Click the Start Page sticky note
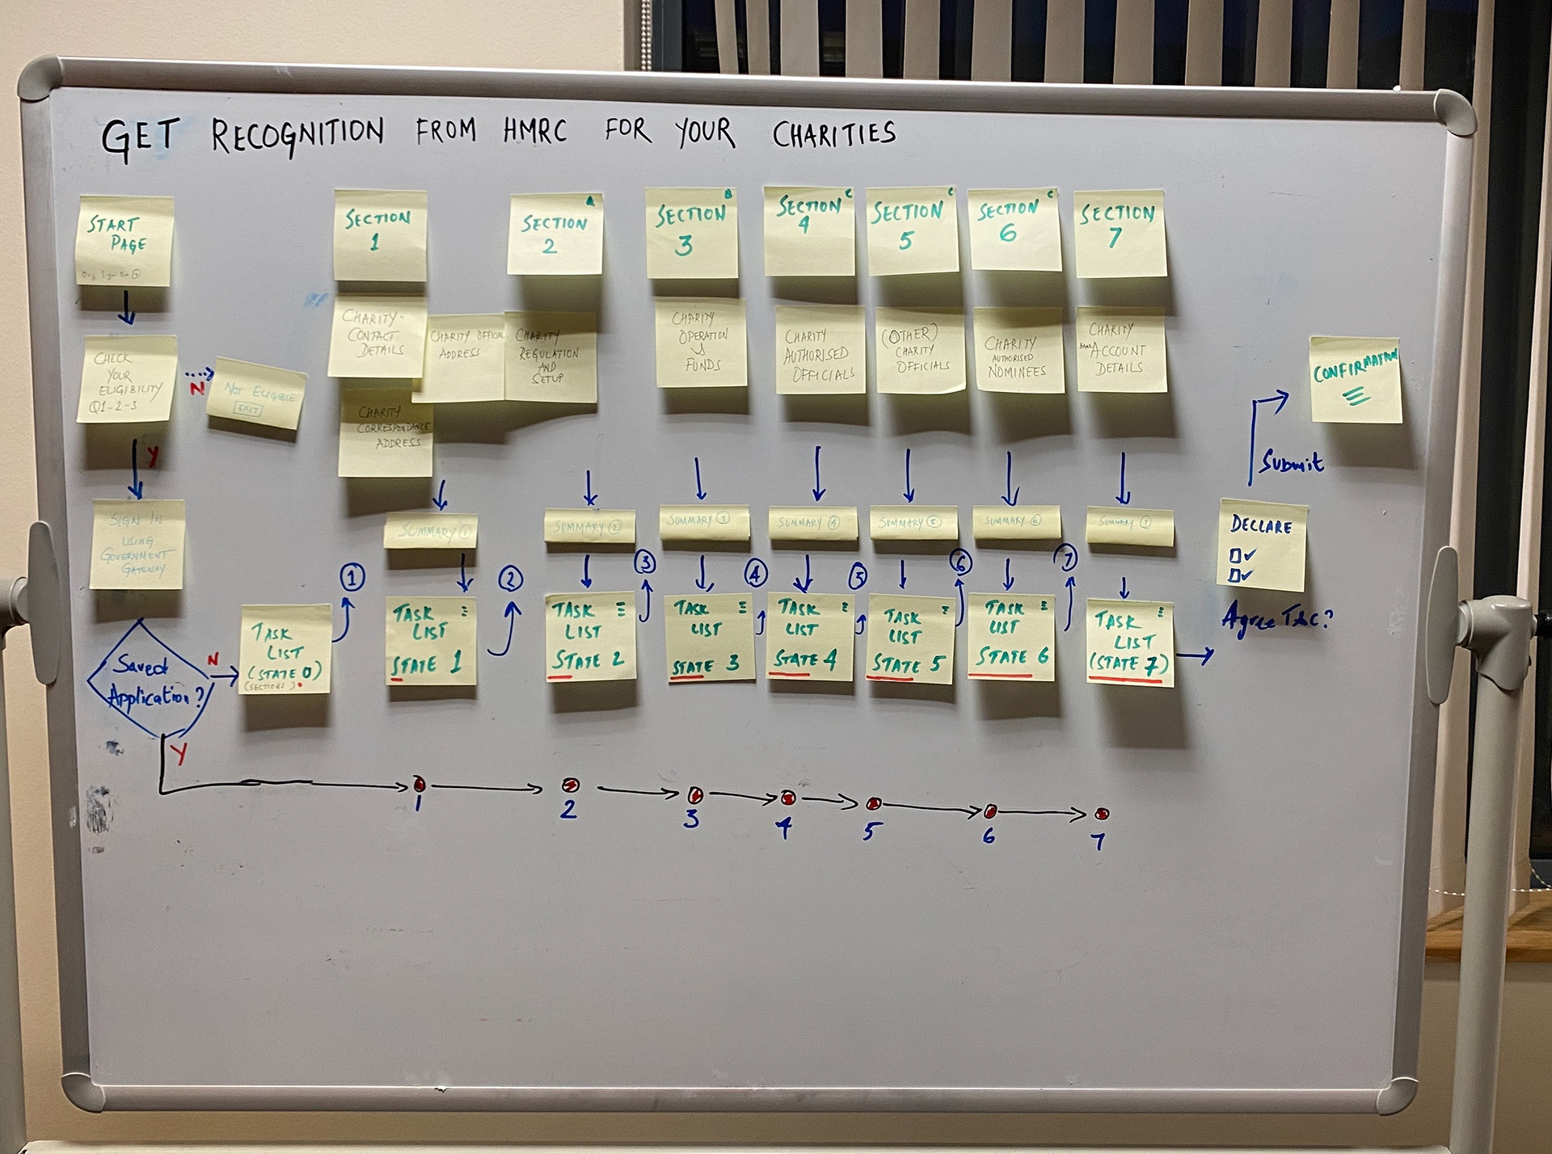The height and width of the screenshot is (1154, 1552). [x=125, y=240]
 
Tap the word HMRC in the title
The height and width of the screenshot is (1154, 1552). [x=534, y=131]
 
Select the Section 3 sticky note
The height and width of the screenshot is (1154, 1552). [x=691, y=233]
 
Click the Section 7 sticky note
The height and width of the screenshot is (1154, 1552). [x=1120, y=233]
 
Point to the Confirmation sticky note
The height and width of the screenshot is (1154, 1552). [x=1355, y=380]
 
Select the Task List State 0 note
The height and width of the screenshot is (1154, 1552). [x=285, y=649]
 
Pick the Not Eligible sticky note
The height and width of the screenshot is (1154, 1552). [x=255, y=395]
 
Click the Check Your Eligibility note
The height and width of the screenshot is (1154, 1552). [x=128, y=379]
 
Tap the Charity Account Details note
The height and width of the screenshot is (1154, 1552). [x=1120, y=350]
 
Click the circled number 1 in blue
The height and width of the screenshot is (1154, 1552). [x=352, y=578]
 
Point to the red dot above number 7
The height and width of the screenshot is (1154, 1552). [x=1102, y=814]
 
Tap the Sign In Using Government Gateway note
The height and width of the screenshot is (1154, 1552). [x=137, y=544]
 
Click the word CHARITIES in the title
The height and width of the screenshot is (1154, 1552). [x=833, y=133]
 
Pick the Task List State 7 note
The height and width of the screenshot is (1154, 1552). [x=1128, y=642]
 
